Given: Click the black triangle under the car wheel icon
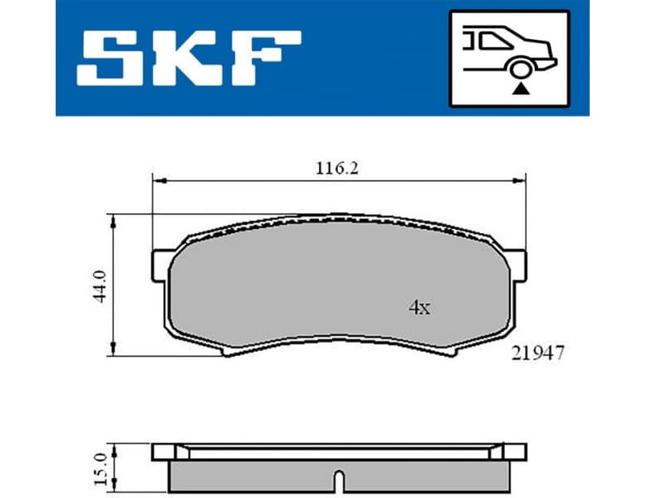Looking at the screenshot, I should pyautogui.click(x=521, y=86).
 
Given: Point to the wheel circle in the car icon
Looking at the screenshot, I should pyautogui.click(x=521, y=68).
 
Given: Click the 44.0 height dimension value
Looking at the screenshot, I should pyautogui.click(x=100, y=285).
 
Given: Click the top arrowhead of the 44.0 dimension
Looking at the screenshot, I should pyautogui.click(x=113, y=219).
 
